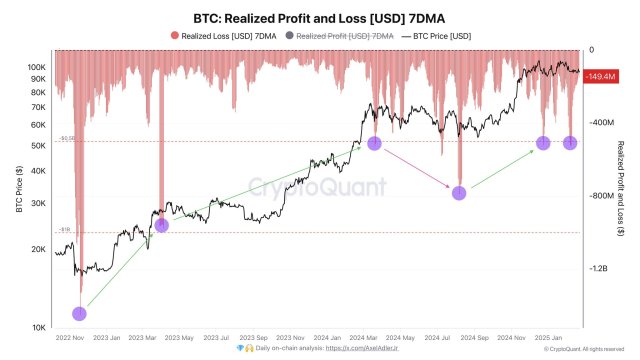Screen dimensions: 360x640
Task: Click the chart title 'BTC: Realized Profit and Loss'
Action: pyautogui.click(x=319, y=17)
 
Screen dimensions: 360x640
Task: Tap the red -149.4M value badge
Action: pyautogui.click(x=601, y=75)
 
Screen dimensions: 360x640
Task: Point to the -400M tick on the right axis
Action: pyautogui.click(x=601, y=123)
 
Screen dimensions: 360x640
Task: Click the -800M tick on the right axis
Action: pyautogui.click(x=601, y=196)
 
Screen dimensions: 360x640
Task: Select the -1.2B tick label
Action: pyautogui.click(x=600, y=269)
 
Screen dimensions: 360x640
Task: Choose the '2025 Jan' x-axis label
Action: pyautogui.click(x=546, y=338)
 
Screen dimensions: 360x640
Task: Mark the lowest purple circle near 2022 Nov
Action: pyautogui.click(x=80, y=314)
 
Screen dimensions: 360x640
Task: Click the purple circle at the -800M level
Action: pyautogui.click(x=459, y=193)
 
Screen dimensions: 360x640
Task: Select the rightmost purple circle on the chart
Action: pyautogui.click(x=570, y=143)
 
